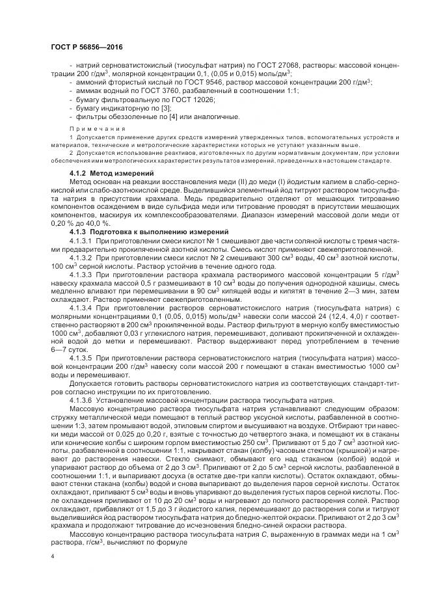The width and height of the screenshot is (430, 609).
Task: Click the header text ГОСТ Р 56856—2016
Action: pos(86,47)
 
